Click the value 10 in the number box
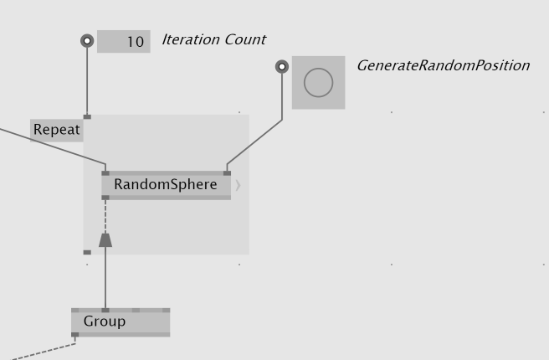coord(134,42)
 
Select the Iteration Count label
coord(213,39)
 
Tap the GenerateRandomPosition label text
coord(443,65)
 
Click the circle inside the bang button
coord(318,83)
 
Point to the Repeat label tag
coord(57,130)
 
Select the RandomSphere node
coord(166,185)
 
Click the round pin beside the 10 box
coord(87,41)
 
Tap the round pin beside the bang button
coord(282,66)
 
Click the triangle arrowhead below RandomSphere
coord(105,240)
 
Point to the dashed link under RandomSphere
coord(105,216)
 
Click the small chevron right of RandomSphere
coord(238,185)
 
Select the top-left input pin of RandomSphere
coord(105,173)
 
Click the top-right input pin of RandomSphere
coord(227,173)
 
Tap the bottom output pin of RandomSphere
coord(105,198)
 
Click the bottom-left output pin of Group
coord(75,335)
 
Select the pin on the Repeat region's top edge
coord(87,116)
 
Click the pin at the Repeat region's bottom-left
coord(87,252)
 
